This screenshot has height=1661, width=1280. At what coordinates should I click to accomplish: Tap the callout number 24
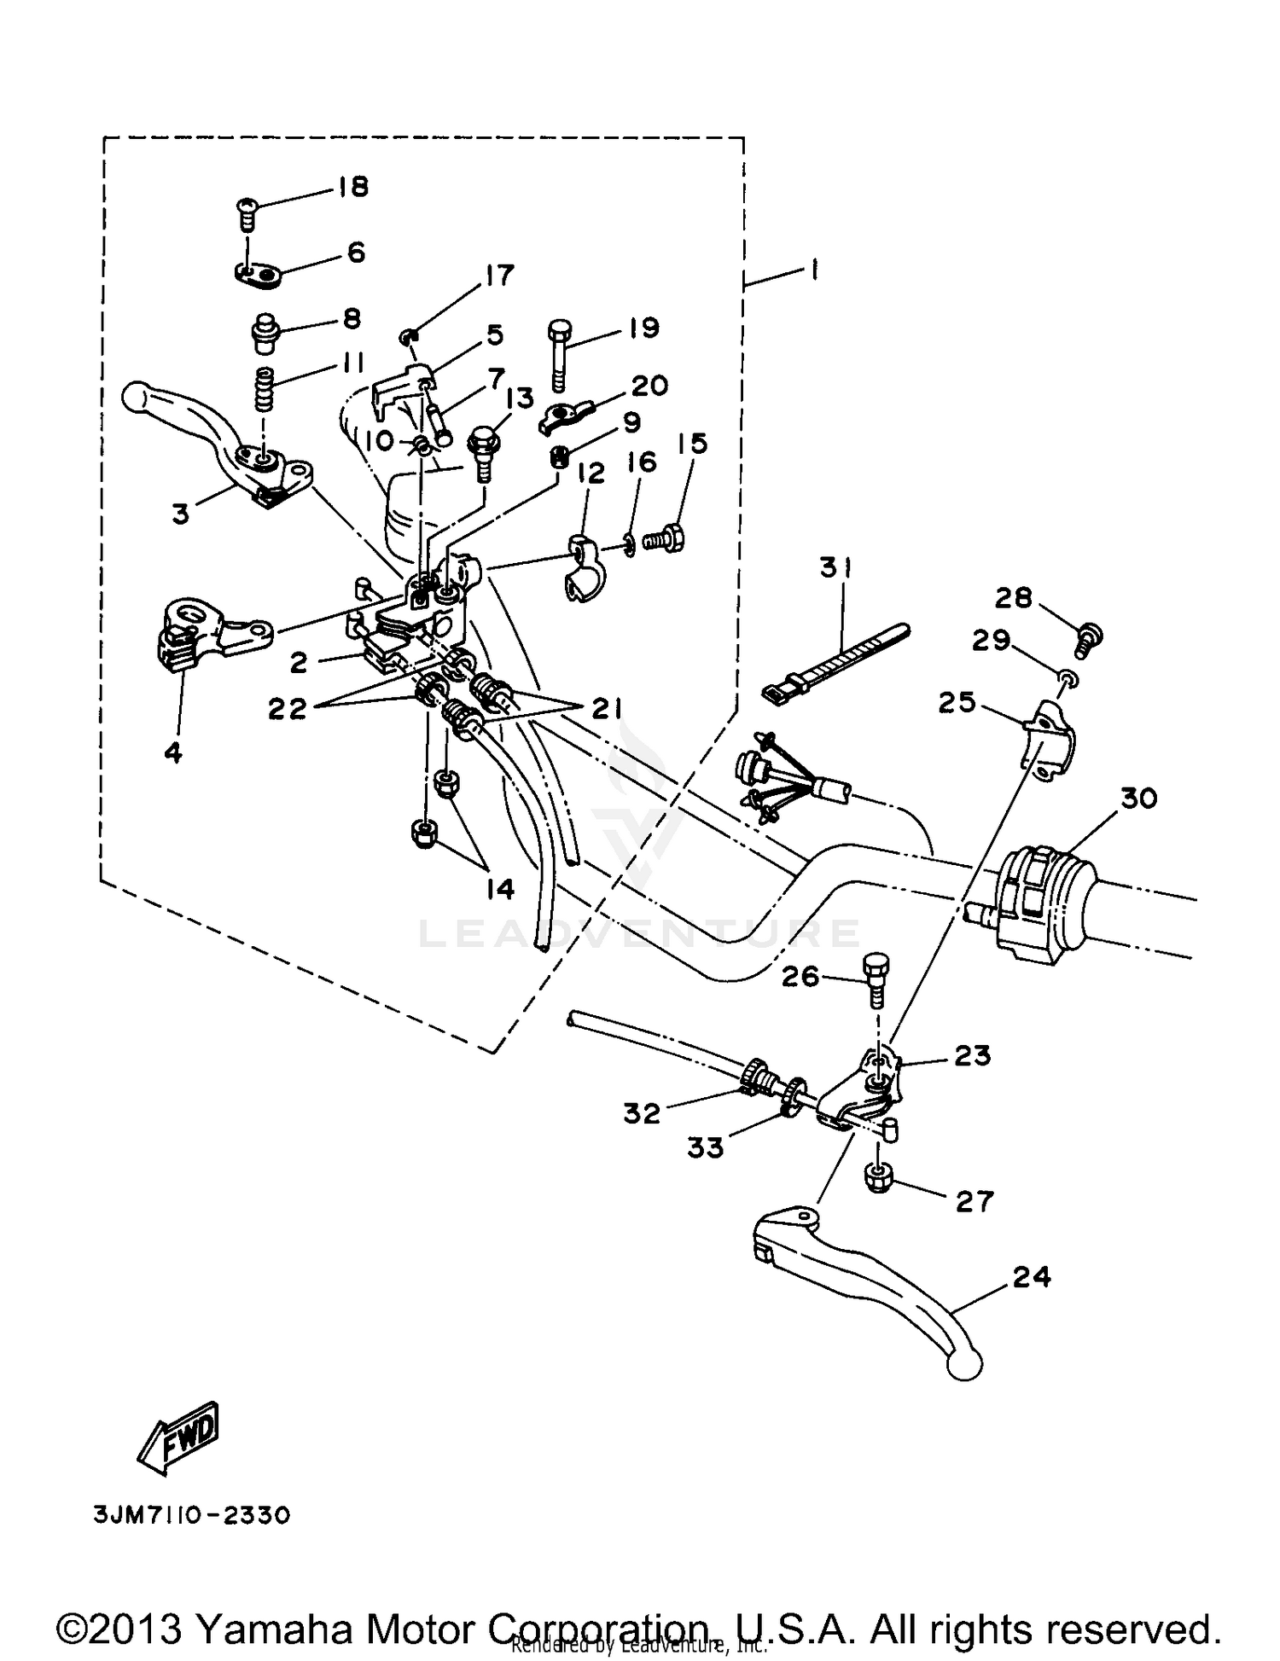1032,1277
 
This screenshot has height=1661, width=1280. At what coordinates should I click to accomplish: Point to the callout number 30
1138,799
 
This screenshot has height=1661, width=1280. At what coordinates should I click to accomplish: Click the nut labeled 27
879,1179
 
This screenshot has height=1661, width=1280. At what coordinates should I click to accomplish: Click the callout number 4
173,753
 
